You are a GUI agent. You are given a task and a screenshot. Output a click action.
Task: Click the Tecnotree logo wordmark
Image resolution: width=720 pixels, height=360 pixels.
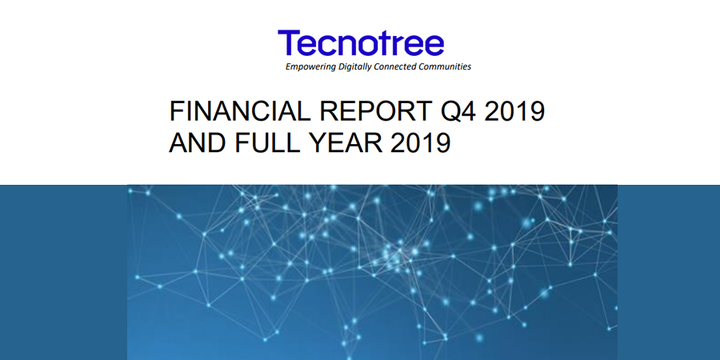pos(361,43)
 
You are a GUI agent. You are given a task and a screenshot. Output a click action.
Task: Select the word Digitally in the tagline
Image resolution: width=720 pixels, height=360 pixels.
pos(354,67)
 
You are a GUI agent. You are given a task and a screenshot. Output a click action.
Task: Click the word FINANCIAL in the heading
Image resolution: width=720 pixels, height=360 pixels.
pos(240,111)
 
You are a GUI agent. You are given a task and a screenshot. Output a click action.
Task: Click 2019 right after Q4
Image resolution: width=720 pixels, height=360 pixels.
pos(514,111)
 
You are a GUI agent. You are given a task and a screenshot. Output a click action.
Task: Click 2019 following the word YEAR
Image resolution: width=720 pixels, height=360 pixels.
pos(420,143)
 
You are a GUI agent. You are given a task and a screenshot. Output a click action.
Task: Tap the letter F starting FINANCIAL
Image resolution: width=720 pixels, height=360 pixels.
pos(177,111)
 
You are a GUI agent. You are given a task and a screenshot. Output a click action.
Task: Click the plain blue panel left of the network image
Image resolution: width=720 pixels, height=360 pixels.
pos(63,272)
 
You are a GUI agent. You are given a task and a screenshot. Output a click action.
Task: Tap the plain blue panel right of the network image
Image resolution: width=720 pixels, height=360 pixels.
pos(669,272)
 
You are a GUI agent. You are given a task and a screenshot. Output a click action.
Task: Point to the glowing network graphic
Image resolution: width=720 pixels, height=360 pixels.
pos(372,272)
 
